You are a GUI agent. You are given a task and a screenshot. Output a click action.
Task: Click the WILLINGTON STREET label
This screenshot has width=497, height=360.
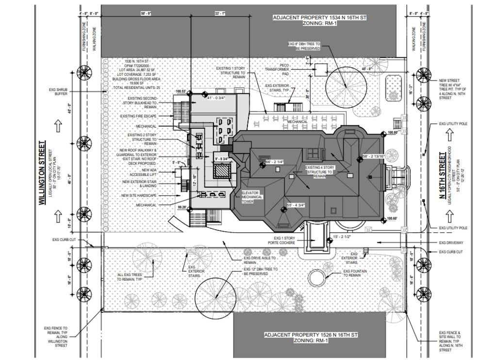[43, 172]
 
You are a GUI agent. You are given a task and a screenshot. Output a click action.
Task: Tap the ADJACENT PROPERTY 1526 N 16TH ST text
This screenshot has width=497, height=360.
[311, 338]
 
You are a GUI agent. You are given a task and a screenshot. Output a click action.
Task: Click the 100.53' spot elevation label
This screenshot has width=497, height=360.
[181, 91]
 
